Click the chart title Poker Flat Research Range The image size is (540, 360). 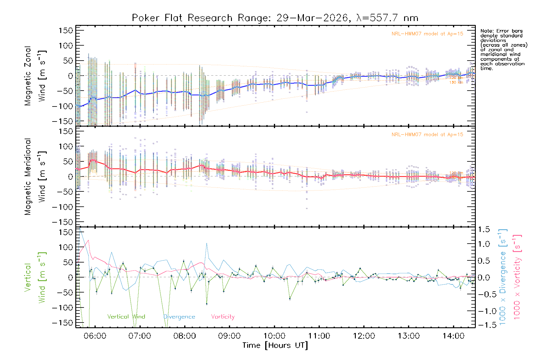coord(275,18)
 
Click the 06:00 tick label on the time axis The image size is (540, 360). coord(95,336)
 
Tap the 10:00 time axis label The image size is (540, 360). coord(274,336)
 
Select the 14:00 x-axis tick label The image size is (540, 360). coord(453,336)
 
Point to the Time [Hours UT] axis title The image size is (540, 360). coord(275,345)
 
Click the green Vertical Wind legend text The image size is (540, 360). coord(126,317)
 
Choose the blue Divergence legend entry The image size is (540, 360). coord(179,317)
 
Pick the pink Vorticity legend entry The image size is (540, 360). coord(223,317)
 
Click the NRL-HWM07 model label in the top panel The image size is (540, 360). coord(427,34)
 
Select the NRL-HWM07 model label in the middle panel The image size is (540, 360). coord(427,135)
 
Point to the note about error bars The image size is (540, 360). coord(503,49)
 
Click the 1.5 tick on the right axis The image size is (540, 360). coord(484,229)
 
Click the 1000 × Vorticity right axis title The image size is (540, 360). coord(517,277)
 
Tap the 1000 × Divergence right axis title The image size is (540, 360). coord(503,277)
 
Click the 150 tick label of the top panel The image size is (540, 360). coord(66,30)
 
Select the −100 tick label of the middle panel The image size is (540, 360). coord(62,207)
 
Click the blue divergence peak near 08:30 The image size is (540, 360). coord(206,243)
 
